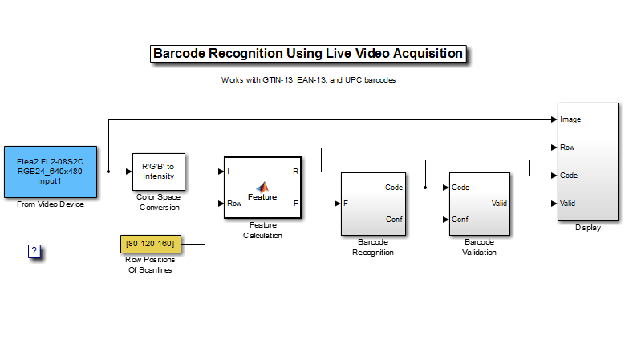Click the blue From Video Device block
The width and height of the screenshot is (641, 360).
(51, 172)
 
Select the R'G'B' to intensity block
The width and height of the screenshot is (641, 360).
(158, 171)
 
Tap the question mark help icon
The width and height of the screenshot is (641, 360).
(34, 252)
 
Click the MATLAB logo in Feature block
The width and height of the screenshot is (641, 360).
(262, 185)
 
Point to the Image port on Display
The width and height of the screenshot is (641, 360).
(570, 119)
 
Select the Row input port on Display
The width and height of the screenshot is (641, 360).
(566, 148)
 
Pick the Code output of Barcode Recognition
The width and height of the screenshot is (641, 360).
(393, 188)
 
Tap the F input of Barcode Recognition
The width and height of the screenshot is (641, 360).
(346, 204)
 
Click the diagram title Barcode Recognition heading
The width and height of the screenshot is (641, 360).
(308, 54)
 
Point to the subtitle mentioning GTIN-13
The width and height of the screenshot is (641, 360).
(309, 80)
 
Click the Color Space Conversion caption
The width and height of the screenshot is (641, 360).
(158, 202)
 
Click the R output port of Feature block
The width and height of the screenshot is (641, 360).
(296, 172)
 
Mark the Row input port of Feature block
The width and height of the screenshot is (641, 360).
(234, 204)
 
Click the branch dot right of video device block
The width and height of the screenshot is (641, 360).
(108, 172)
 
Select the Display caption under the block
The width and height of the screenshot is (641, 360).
(587, 228)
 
